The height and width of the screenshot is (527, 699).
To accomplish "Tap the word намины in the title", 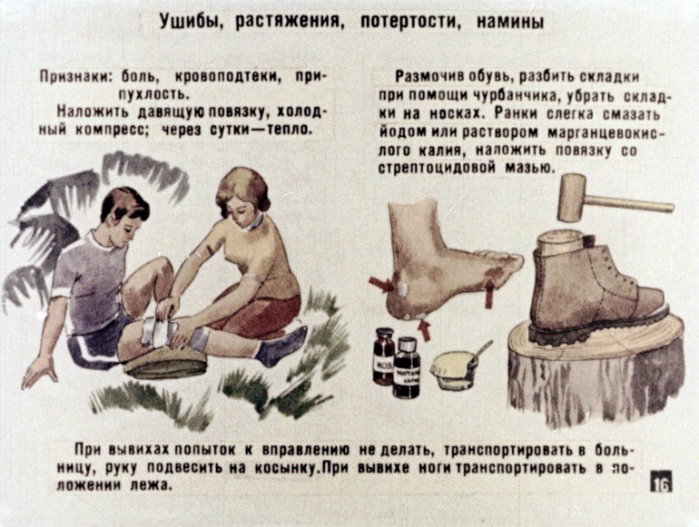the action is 510,22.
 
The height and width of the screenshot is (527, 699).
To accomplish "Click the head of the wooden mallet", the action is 572,198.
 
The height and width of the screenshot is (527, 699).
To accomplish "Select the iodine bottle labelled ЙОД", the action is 383,356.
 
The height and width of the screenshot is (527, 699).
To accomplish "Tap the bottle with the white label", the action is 406,368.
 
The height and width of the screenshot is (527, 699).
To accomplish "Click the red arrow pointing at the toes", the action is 489,292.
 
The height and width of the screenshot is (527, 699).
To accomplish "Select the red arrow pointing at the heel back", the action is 381,285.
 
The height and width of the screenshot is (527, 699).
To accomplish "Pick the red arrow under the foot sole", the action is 424,330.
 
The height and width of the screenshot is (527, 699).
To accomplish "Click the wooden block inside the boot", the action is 560,243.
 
